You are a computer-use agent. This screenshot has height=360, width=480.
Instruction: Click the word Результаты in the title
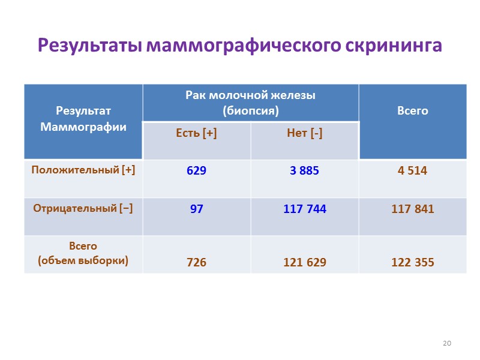point(89,46)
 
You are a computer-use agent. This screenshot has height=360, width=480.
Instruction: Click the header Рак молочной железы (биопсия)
point(250,103)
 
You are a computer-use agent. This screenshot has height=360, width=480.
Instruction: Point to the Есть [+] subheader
point(196,133)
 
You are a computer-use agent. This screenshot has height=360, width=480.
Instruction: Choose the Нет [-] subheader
point(305,133)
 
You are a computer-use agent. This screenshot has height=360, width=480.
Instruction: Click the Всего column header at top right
point(413,111)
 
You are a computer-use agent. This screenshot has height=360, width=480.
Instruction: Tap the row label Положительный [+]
point(83,170)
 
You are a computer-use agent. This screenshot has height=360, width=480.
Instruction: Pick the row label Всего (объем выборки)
point(83,254)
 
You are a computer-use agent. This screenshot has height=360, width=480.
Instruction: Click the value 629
point(196,171)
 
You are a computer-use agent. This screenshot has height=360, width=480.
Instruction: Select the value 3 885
point(305,171)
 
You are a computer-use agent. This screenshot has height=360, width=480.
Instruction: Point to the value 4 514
point(413,171)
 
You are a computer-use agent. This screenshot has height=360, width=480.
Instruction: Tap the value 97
point(196,209)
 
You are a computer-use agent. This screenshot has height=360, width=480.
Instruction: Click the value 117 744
point(305,209)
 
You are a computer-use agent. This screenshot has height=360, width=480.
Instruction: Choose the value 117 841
point(413,209)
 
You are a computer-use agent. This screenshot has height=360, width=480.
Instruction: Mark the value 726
point(196,262)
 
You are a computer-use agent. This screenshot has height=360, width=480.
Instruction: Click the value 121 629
point(305,262)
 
